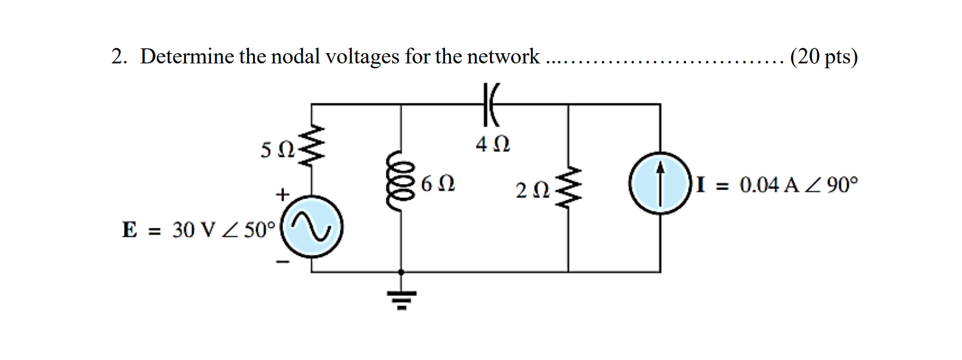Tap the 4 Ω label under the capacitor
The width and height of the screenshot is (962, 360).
492,145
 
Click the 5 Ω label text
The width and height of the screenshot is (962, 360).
277,150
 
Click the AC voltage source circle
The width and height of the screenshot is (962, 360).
312,227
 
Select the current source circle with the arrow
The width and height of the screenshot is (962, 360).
660,184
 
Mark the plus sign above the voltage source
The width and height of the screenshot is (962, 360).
282,195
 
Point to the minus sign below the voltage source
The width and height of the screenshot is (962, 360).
282,261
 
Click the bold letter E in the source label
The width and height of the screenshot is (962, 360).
129,230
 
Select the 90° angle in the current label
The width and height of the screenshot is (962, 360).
843,185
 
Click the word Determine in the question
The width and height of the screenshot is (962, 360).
187,57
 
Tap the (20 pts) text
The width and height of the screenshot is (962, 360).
823,57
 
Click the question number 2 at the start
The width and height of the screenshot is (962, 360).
118,57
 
